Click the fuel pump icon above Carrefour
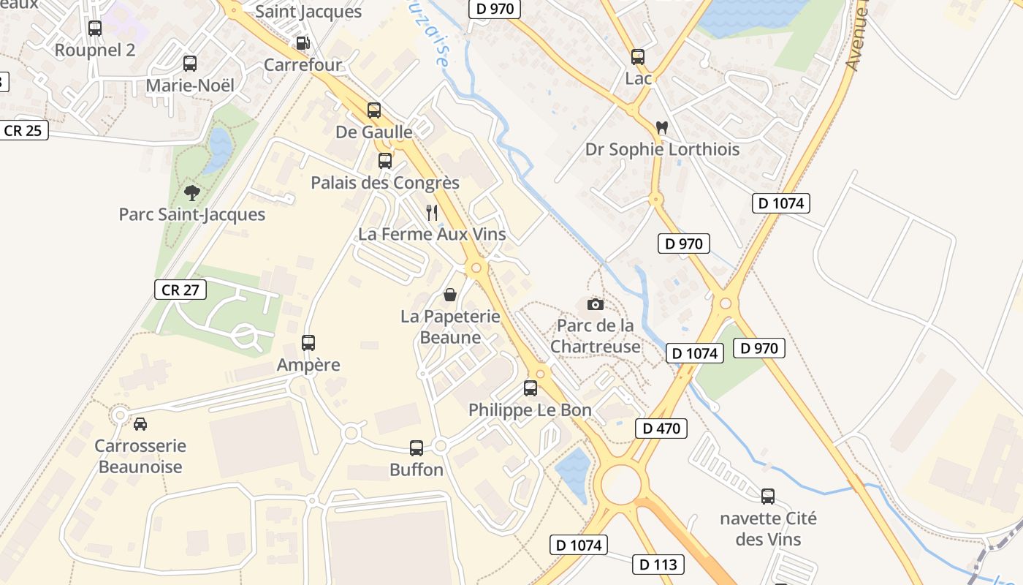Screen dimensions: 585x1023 [x=303, y=43]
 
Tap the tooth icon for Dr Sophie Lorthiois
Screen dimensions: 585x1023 [x=662, y=127]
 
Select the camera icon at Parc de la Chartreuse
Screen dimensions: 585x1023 [x=596, y=304]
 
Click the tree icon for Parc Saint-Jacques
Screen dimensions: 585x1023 [x=192, y=193]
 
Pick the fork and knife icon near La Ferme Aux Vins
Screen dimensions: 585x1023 [x=432, y=213]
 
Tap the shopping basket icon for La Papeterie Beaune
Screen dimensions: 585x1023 [x=450, y=295]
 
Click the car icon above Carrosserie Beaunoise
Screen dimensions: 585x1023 [x=140, y=423]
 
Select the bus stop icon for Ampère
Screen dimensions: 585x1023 [x=308, y=342]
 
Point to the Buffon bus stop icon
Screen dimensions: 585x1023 [x=417, y=448]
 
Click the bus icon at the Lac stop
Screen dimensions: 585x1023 [x=638, y=56]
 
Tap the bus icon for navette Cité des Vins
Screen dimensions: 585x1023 [x=768, y=497]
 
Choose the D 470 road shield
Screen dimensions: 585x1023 [x=661, y=429]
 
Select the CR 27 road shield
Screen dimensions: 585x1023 [x=180, y=290]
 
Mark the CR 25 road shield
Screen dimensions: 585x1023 [x=24, y=131]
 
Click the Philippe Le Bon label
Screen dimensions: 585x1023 [x=530, y=410]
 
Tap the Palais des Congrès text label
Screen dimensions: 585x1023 [x=385, y=183]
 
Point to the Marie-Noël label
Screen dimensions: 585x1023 [x=190, y=86]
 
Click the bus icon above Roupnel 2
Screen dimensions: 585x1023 [x=95, y=29]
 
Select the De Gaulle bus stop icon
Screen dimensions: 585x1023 [x=374, y=110]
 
